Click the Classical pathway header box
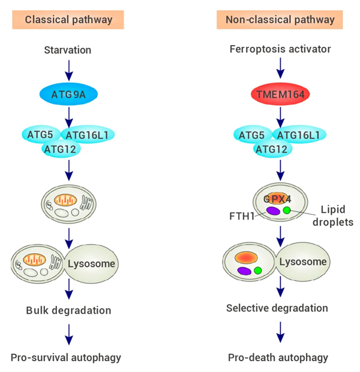68,20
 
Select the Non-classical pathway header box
280,20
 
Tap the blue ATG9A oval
68,94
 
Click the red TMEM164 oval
280,94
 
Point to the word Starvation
68,50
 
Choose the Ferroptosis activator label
280,49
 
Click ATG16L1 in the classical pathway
88,135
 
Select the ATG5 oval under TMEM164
252,135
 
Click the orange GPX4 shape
277,199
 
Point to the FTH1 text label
242,216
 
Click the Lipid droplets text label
333,216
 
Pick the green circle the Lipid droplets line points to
287,210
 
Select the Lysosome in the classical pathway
92,263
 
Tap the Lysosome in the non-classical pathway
303,262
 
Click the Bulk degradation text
68,310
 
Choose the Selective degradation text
277,308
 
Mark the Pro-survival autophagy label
66,358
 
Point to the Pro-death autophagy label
278,358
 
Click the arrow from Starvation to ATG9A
69,70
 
